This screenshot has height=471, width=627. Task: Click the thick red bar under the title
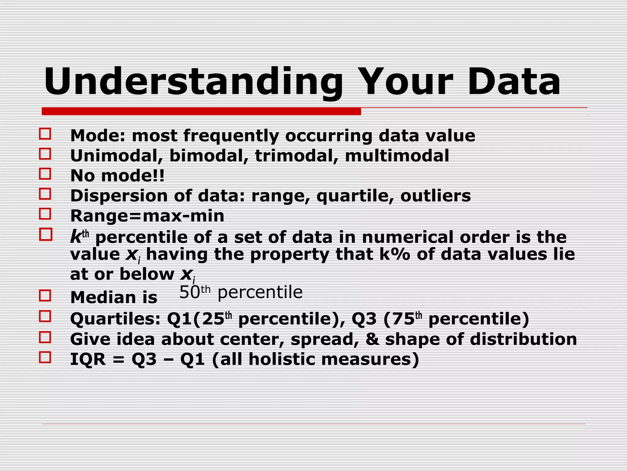[201, 111]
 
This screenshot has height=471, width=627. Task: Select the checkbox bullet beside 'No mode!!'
[45, 174]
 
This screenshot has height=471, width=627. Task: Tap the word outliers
[435, 196]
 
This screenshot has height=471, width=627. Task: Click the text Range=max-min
[147, 216]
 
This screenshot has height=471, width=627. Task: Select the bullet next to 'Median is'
[45, 296]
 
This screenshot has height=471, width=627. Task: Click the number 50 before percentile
[190, 293]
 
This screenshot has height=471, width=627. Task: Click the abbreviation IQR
[88, 359]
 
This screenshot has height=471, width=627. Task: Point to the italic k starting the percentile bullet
[75, 237]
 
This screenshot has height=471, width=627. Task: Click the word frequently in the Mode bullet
[231, 136]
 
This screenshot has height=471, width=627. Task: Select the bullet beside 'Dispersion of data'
[45, 194]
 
